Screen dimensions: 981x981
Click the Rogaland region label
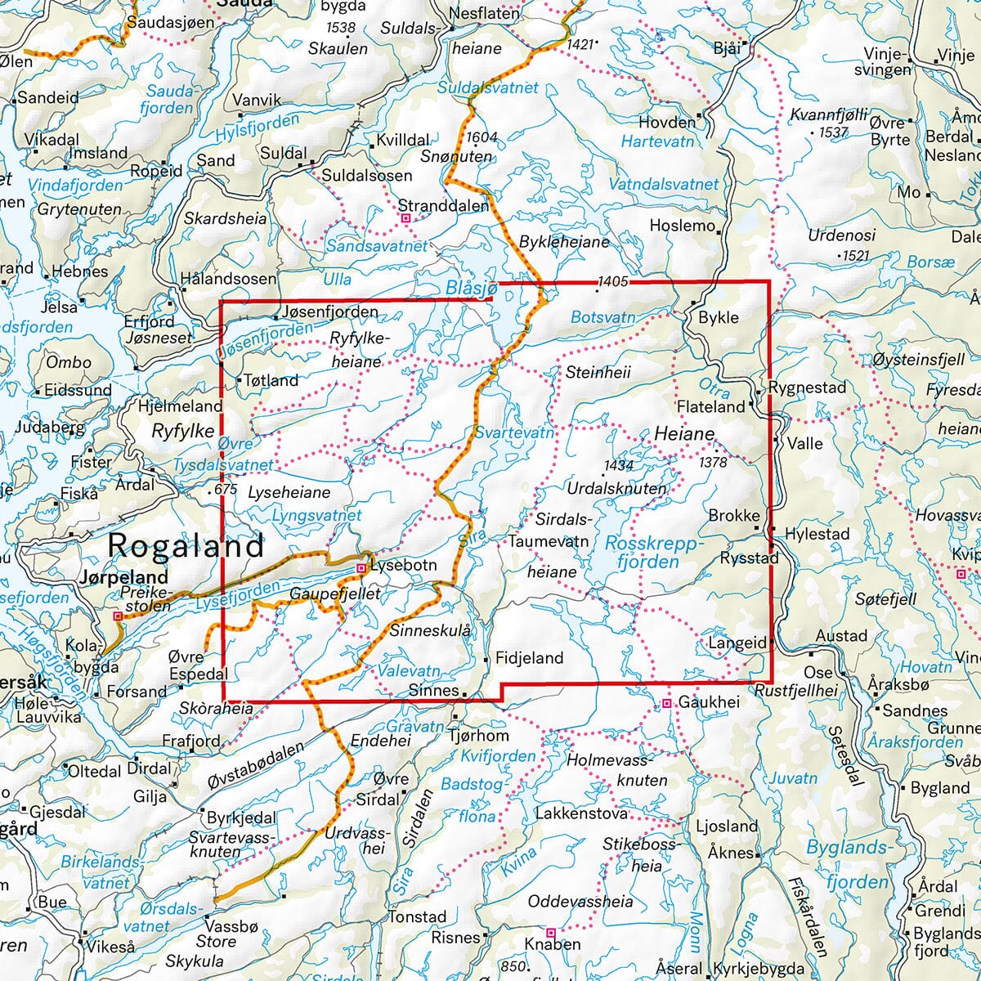[186, 545]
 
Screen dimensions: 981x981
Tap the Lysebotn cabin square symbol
[361, 567]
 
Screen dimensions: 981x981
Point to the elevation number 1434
[618, 466]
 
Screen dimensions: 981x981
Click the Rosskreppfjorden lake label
[653, 553]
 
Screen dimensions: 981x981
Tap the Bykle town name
[719, 318]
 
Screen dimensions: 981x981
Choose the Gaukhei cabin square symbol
[667, 703]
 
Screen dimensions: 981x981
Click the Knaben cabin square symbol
[550, 932]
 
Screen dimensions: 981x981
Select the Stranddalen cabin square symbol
[405, 218]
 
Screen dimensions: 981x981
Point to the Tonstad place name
[417, 916]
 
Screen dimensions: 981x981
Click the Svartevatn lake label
[514, 432]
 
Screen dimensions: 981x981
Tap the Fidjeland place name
[530, 657]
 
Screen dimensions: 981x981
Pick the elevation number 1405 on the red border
[613, 282]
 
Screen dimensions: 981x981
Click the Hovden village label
[666, 123]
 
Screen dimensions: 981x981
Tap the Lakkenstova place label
[581, 813]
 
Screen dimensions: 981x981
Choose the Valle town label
[804, 443]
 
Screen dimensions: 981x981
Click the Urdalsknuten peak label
[617, 488]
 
